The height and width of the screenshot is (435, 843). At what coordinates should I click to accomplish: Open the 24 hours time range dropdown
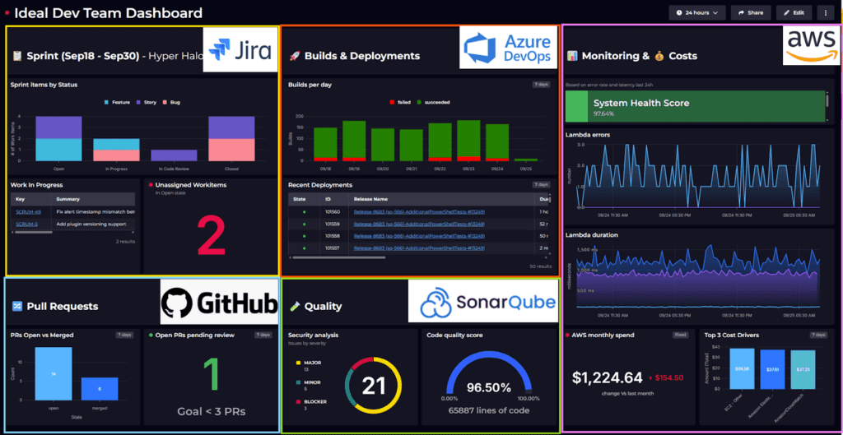696,12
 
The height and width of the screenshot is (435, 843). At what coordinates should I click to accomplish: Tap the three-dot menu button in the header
825,12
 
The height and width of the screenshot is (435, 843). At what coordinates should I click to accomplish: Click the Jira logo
238,50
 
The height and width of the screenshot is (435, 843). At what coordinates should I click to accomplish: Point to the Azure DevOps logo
506,48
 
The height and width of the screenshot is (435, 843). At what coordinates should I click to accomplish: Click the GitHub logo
219,304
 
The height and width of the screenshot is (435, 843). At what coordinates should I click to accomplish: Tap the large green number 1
212,373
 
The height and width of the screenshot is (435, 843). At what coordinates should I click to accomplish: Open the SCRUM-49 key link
28,211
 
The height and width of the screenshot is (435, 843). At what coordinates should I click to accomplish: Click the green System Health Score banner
696,107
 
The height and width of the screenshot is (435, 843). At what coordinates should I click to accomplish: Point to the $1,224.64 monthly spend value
608,377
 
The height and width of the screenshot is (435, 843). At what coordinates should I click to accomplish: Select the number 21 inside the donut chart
374,385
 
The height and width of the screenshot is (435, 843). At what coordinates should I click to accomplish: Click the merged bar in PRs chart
100,389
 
